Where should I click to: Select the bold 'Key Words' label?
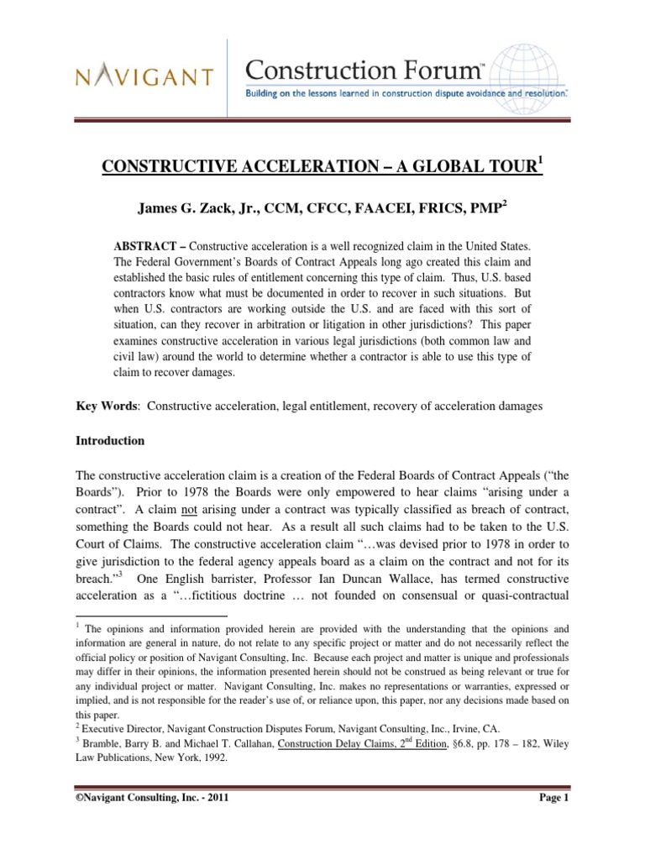pos(105,406)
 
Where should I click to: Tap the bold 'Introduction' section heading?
pos(111,441)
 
